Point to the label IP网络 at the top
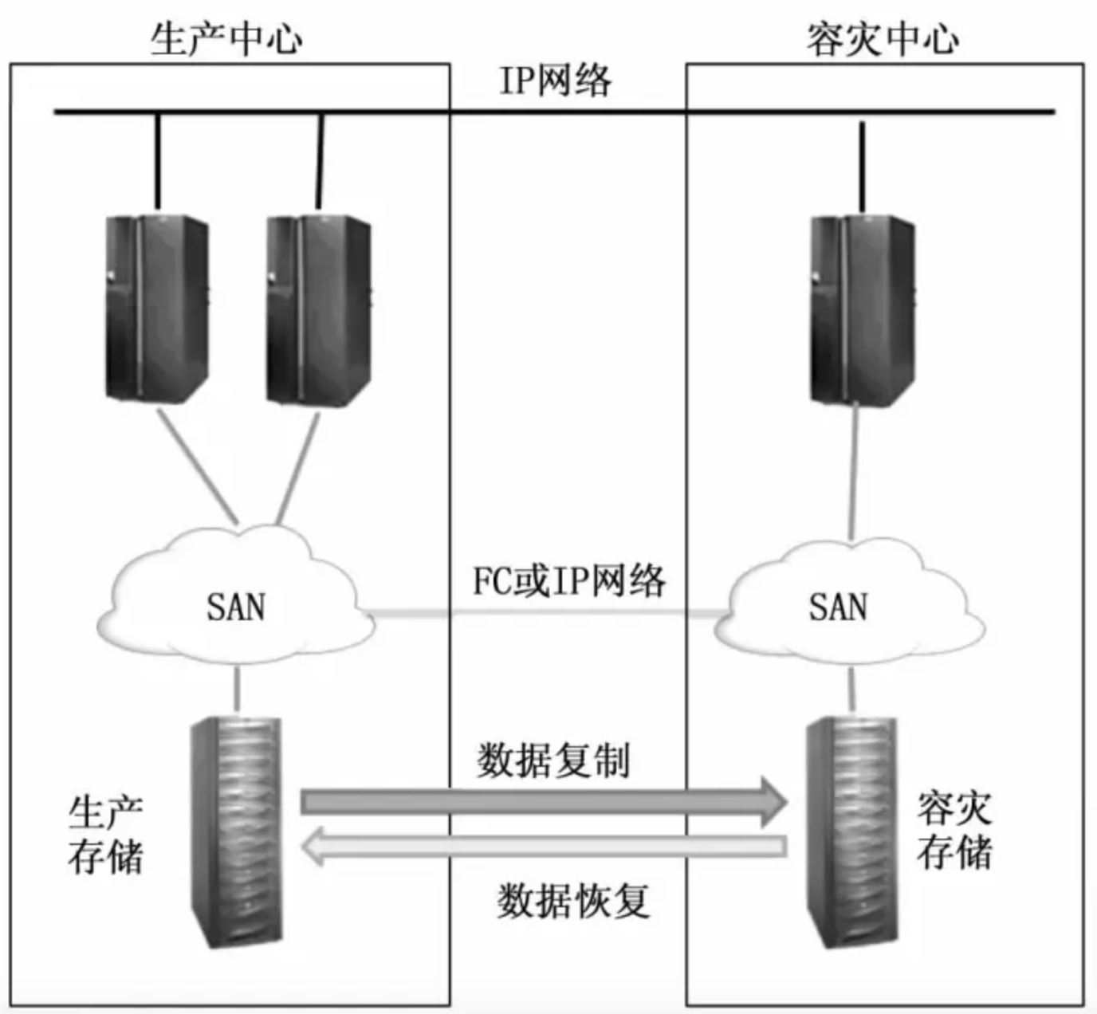point(555,81)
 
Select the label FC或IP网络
point(568,581)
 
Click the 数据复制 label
point(553,760)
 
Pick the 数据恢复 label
point(573,902)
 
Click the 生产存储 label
point(105,835)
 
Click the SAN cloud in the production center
point(236,606)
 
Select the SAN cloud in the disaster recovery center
point(849,606)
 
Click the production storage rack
point(237,831)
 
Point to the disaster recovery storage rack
point(851,831)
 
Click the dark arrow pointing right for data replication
point(542,801)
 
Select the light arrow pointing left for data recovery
point(542,847)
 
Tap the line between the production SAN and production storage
point(237,690)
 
